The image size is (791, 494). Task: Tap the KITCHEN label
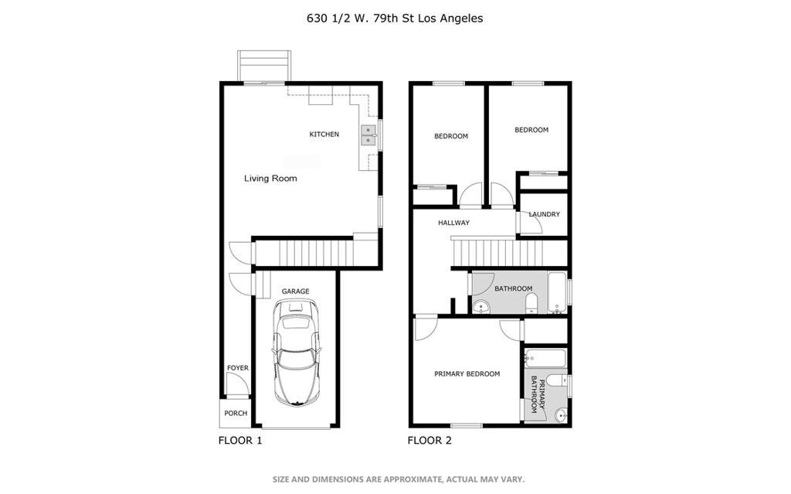click(324, 135)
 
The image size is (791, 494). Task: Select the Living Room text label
click(270, 179)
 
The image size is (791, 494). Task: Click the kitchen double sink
click(368, 136)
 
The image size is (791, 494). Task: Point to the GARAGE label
click(295, 291)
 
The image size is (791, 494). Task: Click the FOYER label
click(237, 368)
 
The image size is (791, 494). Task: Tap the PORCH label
click(236, 414)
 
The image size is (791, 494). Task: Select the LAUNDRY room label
click(545, 215)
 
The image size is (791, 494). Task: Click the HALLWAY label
click(453, 223)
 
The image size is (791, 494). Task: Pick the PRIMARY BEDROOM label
click(467, 374)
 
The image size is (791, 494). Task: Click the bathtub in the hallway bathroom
click(557, 291)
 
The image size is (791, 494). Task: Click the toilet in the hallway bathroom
click(531, 308)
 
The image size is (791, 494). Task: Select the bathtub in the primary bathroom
click(545, 359)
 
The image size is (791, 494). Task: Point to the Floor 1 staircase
click(304, 253)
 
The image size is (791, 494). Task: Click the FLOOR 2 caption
click(429, 441)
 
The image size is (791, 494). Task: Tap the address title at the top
click(395, 18)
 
